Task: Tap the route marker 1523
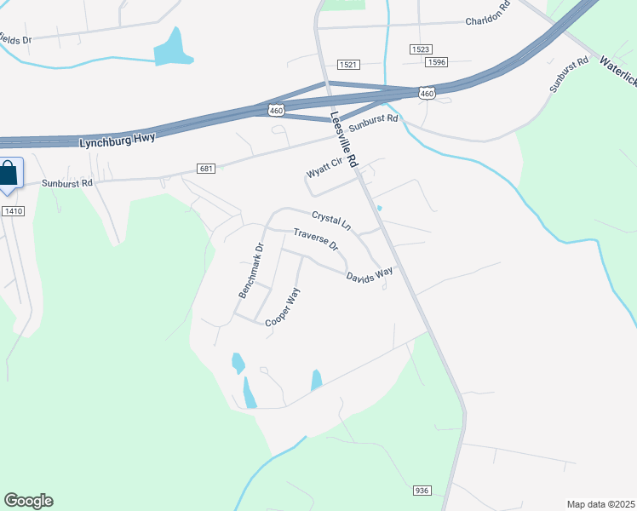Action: pos(421,49)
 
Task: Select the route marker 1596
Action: pos(437,62)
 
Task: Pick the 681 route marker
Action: pos(205,169)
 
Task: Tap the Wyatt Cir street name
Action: pos(324,167)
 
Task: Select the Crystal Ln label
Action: pos(331,221)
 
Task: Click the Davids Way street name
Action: pos(370,274)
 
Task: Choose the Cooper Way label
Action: pos(284,307)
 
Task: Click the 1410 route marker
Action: pos(12,210)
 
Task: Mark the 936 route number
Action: pos(422,491)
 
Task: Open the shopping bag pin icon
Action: pos(8,175)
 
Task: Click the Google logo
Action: pos(28,501)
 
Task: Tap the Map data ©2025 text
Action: pos(600,504)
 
